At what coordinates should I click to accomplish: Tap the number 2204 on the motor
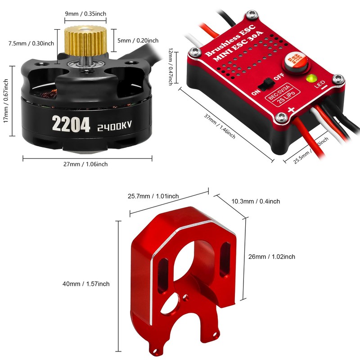pos(72,124)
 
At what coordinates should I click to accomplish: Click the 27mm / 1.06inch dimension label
pos(85,164)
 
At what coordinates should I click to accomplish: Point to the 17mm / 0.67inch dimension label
pos(6,102)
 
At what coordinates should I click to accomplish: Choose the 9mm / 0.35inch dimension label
pos(85,14)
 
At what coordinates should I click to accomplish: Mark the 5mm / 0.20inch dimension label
pos(138,40)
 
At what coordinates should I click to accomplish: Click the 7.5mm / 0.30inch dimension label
pos(31,43)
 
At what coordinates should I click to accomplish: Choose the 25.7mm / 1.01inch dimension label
pos(153,196)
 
